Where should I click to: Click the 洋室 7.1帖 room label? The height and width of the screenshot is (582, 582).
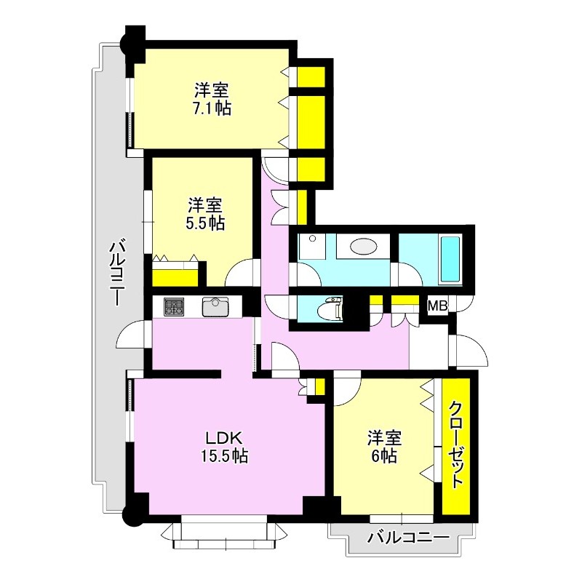pos(212,99)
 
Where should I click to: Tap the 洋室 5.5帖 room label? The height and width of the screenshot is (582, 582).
pos(205,214)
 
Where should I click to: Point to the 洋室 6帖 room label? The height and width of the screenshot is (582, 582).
pos(385,447)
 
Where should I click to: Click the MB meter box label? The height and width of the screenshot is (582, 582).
pos(438,306)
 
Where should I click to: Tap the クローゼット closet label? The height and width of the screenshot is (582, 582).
pos(456,445)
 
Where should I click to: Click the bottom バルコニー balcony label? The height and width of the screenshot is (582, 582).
pos(408,538)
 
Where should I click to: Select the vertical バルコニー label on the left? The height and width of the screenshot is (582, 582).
pos(116,274)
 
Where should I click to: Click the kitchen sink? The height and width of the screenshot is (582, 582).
pos(215,307)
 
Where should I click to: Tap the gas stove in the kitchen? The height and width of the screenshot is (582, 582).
pos(174,307)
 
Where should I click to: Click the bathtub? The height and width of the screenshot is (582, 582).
pos(450,260)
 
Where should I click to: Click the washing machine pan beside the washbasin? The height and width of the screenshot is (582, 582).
pos(313,247)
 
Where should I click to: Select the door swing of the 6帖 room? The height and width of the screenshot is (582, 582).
pos(348,390)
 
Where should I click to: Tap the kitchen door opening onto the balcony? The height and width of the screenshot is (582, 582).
pos(130,333)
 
